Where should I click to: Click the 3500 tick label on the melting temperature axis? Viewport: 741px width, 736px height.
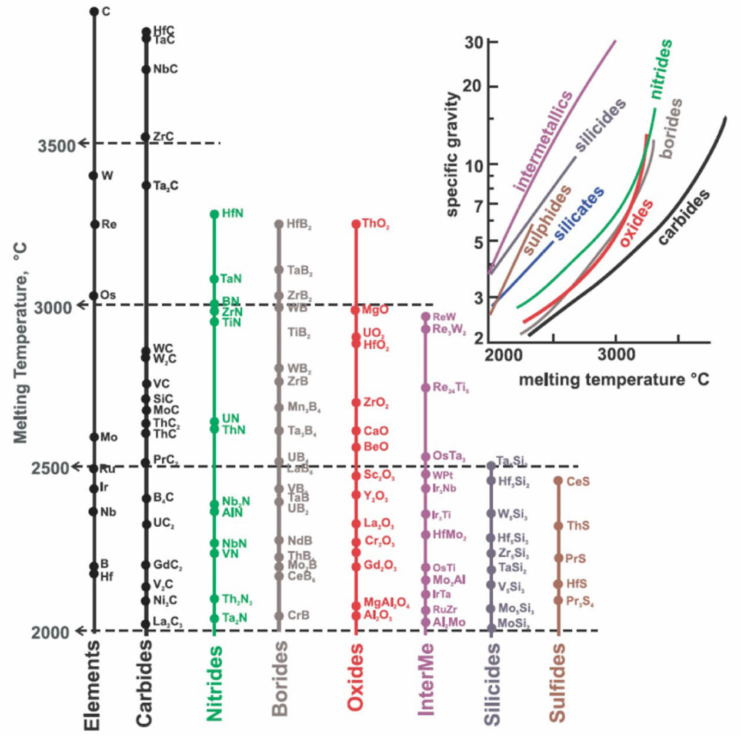click(x=56, y=145)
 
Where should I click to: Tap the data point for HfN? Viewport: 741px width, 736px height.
click(x=215, y=214)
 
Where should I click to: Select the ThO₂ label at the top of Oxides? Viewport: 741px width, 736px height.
click(x=375, y=224)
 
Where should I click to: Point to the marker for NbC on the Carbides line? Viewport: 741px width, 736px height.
click(x=146, y=69)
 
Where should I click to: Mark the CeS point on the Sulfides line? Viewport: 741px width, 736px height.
click(x=558, y=481)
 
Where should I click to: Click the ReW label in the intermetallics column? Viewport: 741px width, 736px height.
click(x=444, y=317)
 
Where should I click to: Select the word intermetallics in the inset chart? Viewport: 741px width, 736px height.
click(x=543, y=141)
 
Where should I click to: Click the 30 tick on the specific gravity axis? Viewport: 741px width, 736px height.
click(x=473, y=42)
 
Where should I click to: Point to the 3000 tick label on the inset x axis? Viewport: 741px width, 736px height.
click(x=616, y=355)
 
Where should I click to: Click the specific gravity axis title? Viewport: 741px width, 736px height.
click(x=452, y=154)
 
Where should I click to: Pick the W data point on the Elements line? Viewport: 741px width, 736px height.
click(x=93, y=175)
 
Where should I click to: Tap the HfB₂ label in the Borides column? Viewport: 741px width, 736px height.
click(x=299, y=225)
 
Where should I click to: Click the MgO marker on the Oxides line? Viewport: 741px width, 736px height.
click(x=356, y=310)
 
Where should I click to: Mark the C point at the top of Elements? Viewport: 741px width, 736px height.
click(x=94, y=11)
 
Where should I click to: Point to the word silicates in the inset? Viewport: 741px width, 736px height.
click(x=579, y=213)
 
